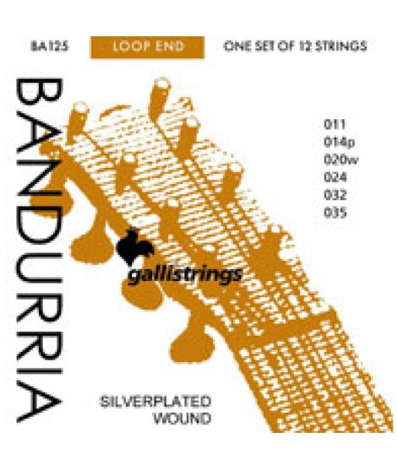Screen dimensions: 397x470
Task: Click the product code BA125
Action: click(x=50, y=46)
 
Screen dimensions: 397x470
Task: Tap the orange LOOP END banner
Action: click(x=147, y=47)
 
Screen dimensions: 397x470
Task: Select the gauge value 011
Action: click(x=334, y=124)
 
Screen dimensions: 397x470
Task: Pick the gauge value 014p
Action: click(x=340, y=142)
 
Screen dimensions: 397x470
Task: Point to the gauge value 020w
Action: click(x=341, y=159)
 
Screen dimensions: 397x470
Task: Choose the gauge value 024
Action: click(x=335, y=177)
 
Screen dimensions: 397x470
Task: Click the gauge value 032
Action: click(x=335, y=195)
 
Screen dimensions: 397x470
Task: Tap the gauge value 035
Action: click(x=335, y=213)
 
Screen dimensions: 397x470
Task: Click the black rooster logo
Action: click(x=134, y=246)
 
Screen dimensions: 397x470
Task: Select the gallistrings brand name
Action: click(x=185, y=275)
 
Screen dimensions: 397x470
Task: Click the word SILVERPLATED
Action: click(x=155, y=402)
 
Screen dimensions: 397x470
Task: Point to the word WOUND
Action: click(x=182, y=419)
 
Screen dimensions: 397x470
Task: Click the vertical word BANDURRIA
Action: click(x=39, y=251)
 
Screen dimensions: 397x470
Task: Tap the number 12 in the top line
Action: click(x=304, y=46)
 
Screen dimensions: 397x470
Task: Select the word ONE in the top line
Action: click(x=237, y=46)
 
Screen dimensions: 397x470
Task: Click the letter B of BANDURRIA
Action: click(x=39, y=95)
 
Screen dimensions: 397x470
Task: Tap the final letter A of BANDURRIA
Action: click(x=39, y=402)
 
